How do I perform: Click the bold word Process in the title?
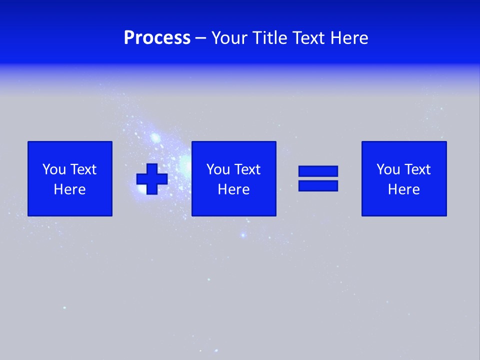pos(157,38)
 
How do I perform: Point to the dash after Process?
pos(201,38)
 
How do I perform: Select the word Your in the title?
pos(229,38)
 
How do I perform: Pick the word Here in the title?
pos(349,38)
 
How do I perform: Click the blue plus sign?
pos(152,179)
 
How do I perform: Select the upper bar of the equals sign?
pos(318,171)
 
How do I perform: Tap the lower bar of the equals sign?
pos(318,185)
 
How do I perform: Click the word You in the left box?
pos(54,169)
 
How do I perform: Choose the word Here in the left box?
pos(69,189)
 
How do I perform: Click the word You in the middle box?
pos(218,169)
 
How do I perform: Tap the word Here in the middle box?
pos(233,189)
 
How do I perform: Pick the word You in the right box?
pos(388,169)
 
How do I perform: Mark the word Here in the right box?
pos(403,189)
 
